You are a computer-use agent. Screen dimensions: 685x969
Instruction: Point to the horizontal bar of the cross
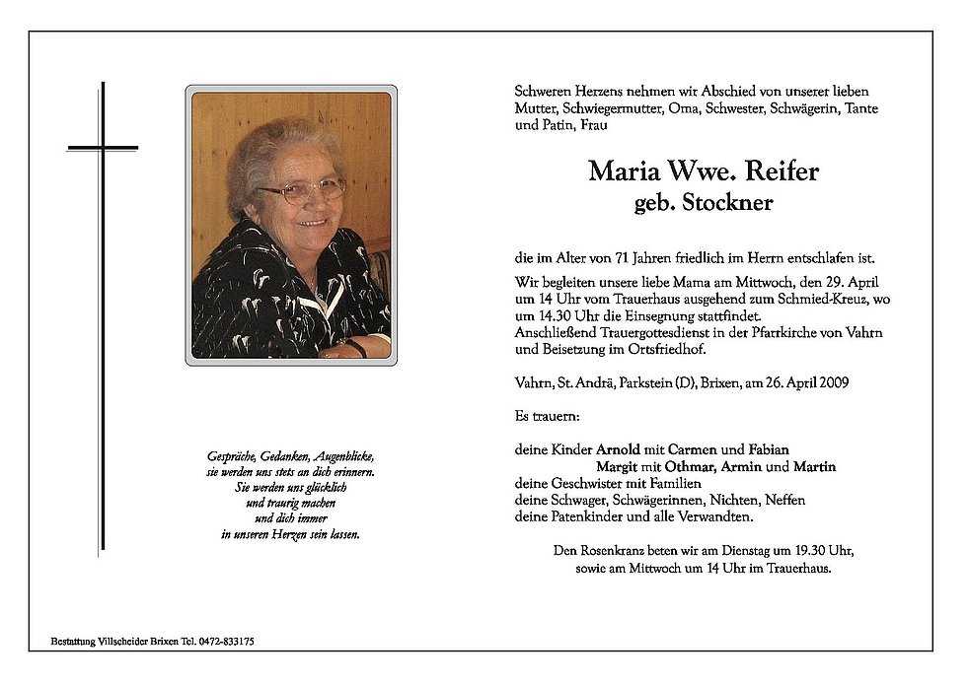coord(103,148)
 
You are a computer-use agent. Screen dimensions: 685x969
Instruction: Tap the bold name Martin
coord(815,466)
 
